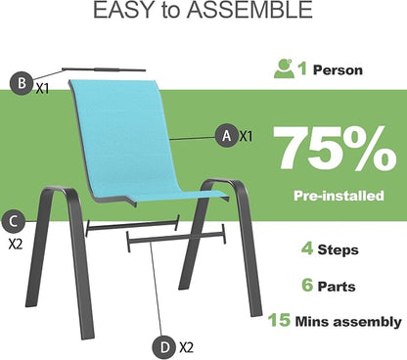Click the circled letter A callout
click(226, 135)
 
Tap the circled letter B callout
click(22, 83)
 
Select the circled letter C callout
click(13, 222)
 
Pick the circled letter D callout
click(165, 347)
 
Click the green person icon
click(284, 68)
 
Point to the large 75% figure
click(335, 149)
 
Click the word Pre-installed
click(339, 196)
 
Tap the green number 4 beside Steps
click(307, 249)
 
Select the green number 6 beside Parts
click(307, 285)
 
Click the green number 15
click(279, 320)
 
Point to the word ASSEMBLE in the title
click(249, 10)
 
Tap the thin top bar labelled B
click(104, 69)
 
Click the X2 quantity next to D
click(186, 347)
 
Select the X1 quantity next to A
click(247, 136)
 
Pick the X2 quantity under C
click(16, 244)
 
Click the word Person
click(338, 70)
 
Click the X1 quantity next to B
click(42, 88)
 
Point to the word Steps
click(339, 250)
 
